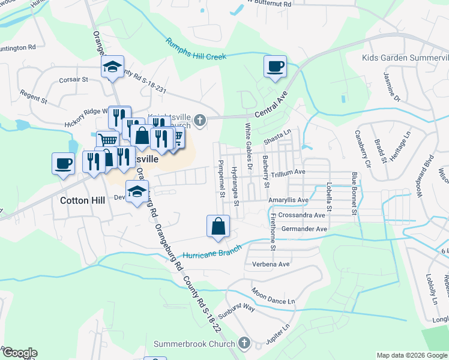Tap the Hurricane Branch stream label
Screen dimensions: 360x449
tap(212, 251)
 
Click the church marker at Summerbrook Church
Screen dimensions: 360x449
tap(244, 343)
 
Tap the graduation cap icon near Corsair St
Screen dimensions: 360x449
tap(112, 68)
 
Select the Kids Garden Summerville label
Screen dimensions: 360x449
tap(405, 58)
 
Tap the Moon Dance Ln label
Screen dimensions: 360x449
tap(273, 295)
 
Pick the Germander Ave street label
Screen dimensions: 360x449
tap(306, 229)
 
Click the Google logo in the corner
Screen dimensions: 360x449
tap(19, 353)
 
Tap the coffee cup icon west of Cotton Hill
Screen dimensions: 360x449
tap(63, 163)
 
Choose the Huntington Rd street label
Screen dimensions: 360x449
tap(17, 47)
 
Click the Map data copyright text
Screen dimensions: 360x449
tap(412, 355)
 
